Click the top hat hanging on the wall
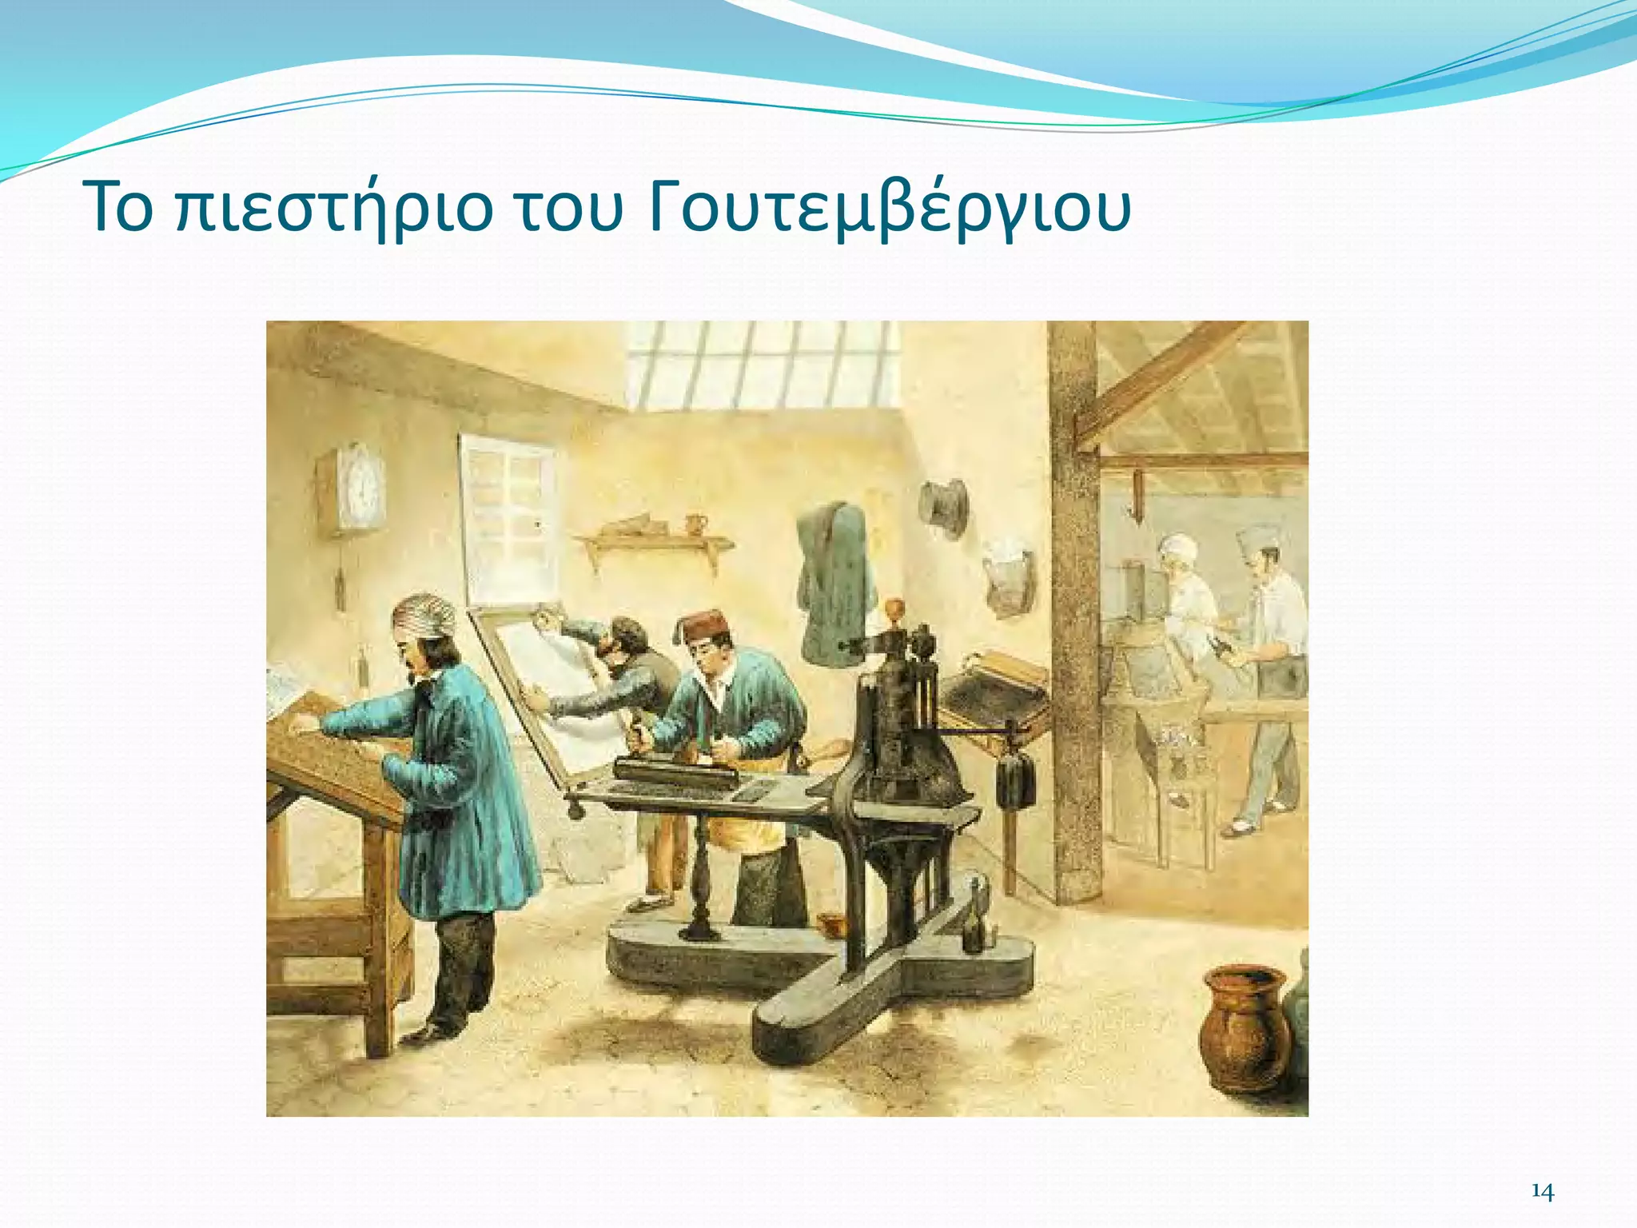pyautogui.click(x=944, y=504)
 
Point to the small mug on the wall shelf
pyautogui.click(x=696, y=524)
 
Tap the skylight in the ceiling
pyautogui.click(x=763, y=364)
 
